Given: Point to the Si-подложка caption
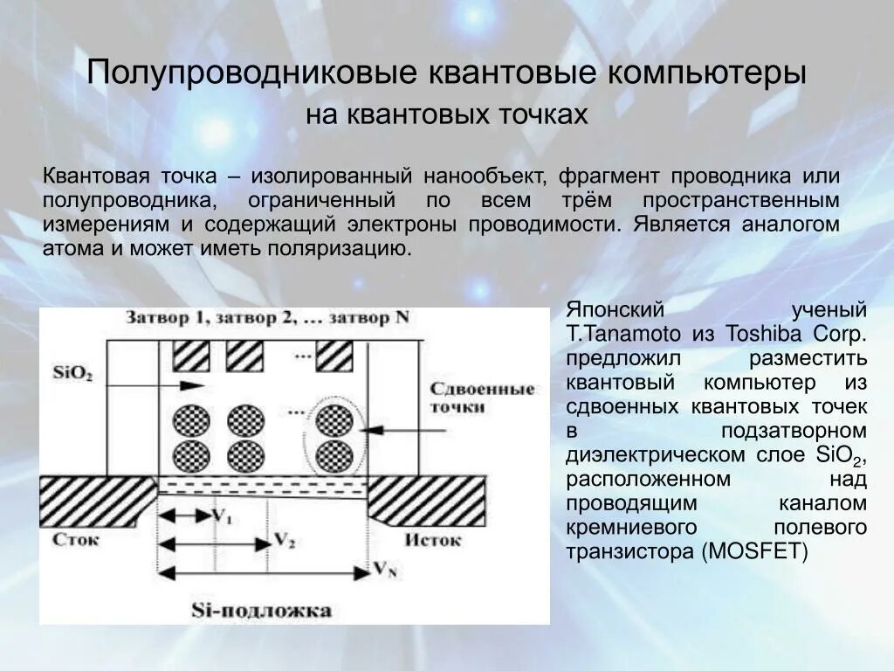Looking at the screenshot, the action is click(x=261, y=609).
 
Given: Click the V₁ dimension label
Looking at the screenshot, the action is click(x=222, y=515).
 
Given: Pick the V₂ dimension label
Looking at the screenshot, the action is click(x=284, y=540).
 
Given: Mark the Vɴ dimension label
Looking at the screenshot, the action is click(x=385, y=569).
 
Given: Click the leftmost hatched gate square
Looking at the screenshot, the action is click(x=190, y=356).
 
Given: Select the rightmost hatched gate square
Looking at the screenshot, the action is click(x=334, y=356).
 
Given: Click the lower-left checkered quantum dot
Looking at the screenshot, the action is click(x=191, y=455).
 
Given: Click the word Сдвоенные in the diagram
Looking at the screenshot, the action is click(x=481, y=389).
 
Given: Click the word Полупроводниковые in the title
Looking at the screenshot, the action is click(x=250, y=72).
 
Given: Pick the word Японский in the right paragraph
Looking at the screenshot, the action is click(x=615, y=310).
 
